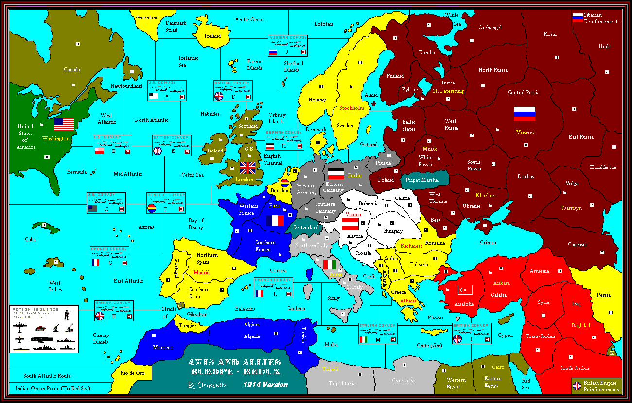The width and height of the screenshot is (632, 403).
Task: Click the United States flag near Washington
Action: click(64, 125)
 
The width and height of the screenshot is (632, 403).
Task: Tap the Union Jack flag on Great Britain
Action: click(248, 168)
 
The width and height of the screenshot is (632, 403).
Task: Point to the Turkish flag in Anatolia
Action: click(465, 290)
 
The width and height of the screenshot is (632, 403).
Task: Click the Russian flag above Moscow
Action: click(525, 114)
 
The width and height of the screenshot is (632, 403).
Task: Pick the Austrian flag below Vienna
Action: click(350, 224)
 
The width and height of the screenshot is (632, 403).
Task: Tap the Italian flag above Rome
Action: click(330, 265)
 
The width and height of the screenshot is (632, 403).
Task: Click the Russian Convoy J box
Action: click(288, 46)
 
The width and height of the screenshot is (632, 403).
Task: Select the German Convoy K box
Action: click(284, 140)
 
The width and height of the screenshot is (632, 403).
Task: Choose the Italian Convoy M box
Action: click(378, 333)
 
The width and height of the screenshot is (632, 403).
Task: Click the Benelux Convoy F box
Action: click(166, 203)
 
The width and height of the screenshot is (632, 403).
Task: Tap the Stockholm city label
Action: click(351, 108)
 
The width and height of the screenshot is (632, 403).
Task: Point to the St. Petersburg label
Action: click(448, 91)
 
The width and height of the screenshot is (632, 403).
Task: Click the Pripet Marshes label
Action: click(422, 180)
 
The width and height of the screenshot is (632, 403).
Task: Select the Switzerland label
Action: click(306, 227)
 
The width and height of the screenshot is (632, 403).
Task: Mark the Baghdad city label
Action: click(580, 325)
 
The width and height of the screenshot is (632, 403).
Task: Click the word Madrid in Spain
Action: click(201, 272)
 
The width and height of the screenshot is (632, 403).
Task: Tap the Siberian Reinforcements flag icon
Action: click(578, 18)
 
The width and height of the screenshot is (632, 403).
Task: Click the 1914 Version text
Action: click(265, 385)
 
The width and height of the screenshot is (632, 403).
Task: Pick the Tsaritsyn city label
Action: click(571, 208)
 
